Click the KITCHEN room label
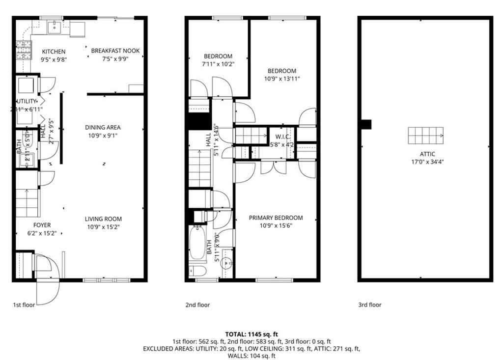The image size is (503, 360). [x=54, y=52]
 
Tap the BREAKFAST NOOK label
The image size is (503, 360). [x=115, y=51]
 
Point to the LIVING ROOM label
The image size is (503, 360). [x=103, y=219]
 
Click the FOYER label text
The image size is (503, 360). [x=42, y=225]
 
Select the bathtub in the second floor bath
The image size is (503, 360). [x=197, y=243]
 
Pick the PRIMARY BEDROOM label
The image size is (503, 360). [x=276, y=218]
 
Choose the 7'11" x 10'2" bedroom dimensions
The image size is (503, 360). [x=218, y=64]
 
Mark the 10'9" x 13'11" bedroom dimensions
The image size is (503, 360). [x=281, y=79]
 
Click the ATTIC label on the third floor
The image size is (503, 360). [x=425, y=154]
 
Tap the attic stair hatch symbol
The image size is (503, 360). [x=425, y=134]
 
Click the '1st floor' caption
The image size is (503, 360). [x=24, y=305]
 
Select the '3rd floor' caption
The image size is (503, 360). [x=369, y=305]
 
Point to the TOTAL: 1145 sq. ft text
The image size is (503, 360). [x=251, y=334]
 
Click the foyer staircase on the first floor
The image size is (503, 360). [x=27, y=202]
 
